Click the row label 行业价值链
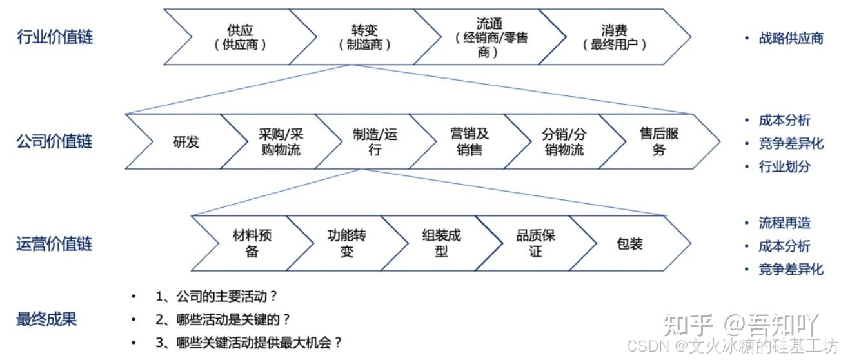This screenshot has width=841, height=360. point(55,37)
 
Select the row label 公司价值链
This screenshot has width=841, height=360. point(55,142)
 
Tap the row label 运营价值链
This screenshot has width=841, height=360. point(55,244)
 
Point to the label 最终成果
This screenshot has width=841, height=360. point(46,319)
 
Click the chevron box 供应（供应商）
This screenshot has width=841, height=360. point(240,37)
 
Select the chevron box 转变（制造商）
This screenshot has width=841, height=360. point(365,37)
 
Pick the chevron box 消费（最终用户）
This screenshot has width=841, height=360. point(614,37)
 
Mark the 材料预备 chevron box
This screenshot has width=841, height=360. point(252,244)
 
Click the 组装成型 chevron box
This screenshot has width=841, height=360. point(441,244)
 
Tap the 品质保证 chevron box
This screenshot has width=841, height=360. point(535,244)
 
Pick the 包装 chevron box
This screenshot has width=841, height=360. point(629,244)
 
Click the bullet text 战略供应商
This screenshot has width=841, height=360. point(791,38)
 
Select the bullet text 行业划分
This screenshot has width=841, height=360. point(785,166)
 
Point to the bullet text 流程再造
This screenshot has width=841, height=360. point(785,223)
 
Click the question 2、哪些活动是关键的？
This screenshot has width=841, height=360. point(223,319)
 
